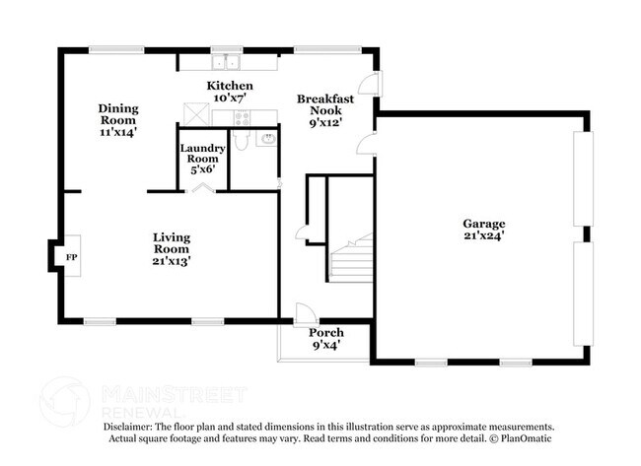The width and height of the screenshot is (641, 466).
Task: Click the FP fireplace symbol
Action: pos(70,257)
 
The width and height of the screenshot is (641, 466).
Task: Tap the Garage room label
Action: pos(483,223)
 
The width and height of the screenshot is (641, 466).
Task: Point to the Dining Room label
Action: pos(117,113)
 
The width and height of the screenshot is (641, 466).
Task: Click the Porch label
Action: pos(325,333)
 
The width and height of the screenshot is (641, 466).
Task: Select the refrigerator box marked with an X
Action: pos(195,115)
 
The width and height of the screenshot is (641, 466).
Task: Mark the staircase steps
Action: pos(350,260)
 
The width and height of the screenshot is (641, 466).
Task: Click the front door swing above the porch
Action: pos(306,314)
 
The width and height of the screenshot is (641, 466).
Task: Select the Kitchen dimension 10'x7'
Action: pos(229,99)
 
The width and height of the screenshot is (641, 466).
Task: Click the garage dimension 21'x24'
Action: pos(483,236)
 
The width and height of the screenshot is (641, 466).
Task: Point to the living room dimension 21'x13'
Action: pos(172,262)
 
